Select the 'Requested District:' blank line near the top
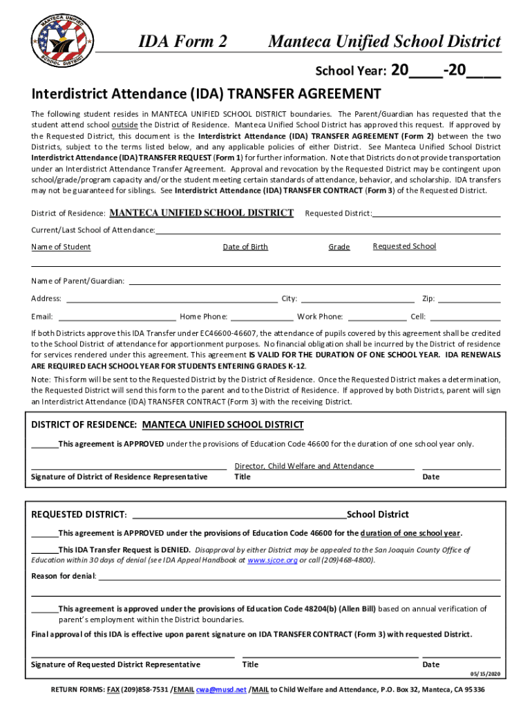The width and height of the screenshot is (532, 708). point(436,214)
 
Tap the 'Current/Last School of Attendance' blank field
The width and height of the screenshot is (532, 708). point(327,231)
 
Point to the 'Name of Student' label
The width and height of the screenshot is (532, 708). point(61,247)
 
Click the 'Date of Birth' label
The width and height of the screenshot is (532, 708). point(245,247)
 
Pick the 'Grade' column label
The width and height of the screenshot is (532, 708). point(339,247)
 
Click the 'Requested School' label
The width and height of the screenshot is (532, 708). point(404,246)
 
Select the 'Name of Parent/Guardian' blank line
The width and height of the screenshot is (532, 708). point(314,281)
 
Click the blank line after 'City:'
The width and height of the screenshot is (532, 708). point(357,299)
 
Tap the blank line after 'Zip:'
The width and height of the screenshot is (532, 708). point(469,299)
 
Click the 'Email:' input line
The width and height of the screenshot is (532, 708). point(117,317)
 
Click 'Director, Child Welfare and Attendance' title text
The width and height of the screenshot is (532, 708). point(304,466)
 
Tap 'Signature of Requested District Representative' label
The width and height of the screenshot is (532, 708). point(116,664)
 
